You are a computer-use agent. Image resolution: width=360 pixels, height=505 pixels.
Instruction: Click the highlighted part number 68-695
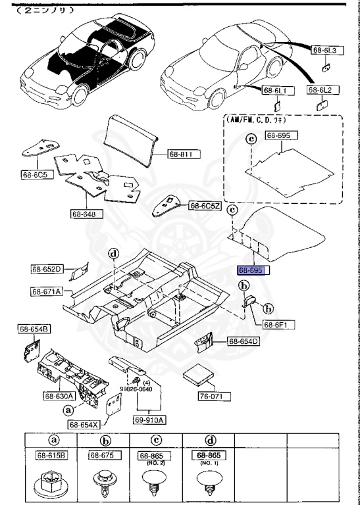point(253,270)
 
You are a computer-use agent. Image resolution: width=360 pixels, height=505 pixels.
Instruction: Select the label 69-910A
point(151,420)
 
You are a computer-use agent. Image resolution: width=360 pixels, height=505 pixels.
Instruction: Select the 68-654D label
point(244,341)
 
